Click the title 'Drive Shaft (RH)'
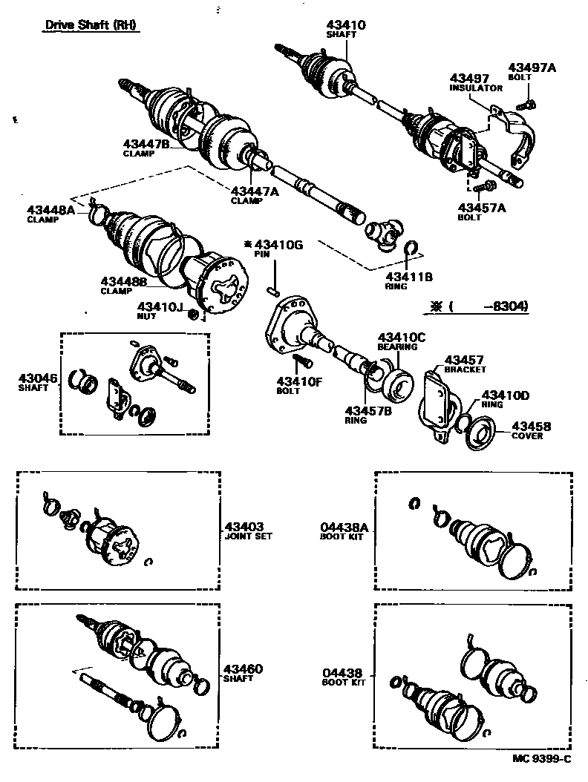click(x=92, y=24)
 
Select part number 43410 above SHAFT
click(x=345, y=24)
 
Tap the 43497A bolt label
click(x=531, y=68)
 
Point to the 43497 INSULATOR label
click(x=469, y=78)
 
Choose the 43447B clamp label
click(x=146, y=143)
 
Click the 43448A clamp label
click(x=51, y=211)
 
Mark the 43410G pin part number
click(x=278, y=245)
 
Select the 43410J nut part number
click(x=159, y=306)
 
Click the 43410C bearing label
click(x=402, y=337)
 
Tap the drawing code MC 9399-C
click(x=542, y=758)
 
